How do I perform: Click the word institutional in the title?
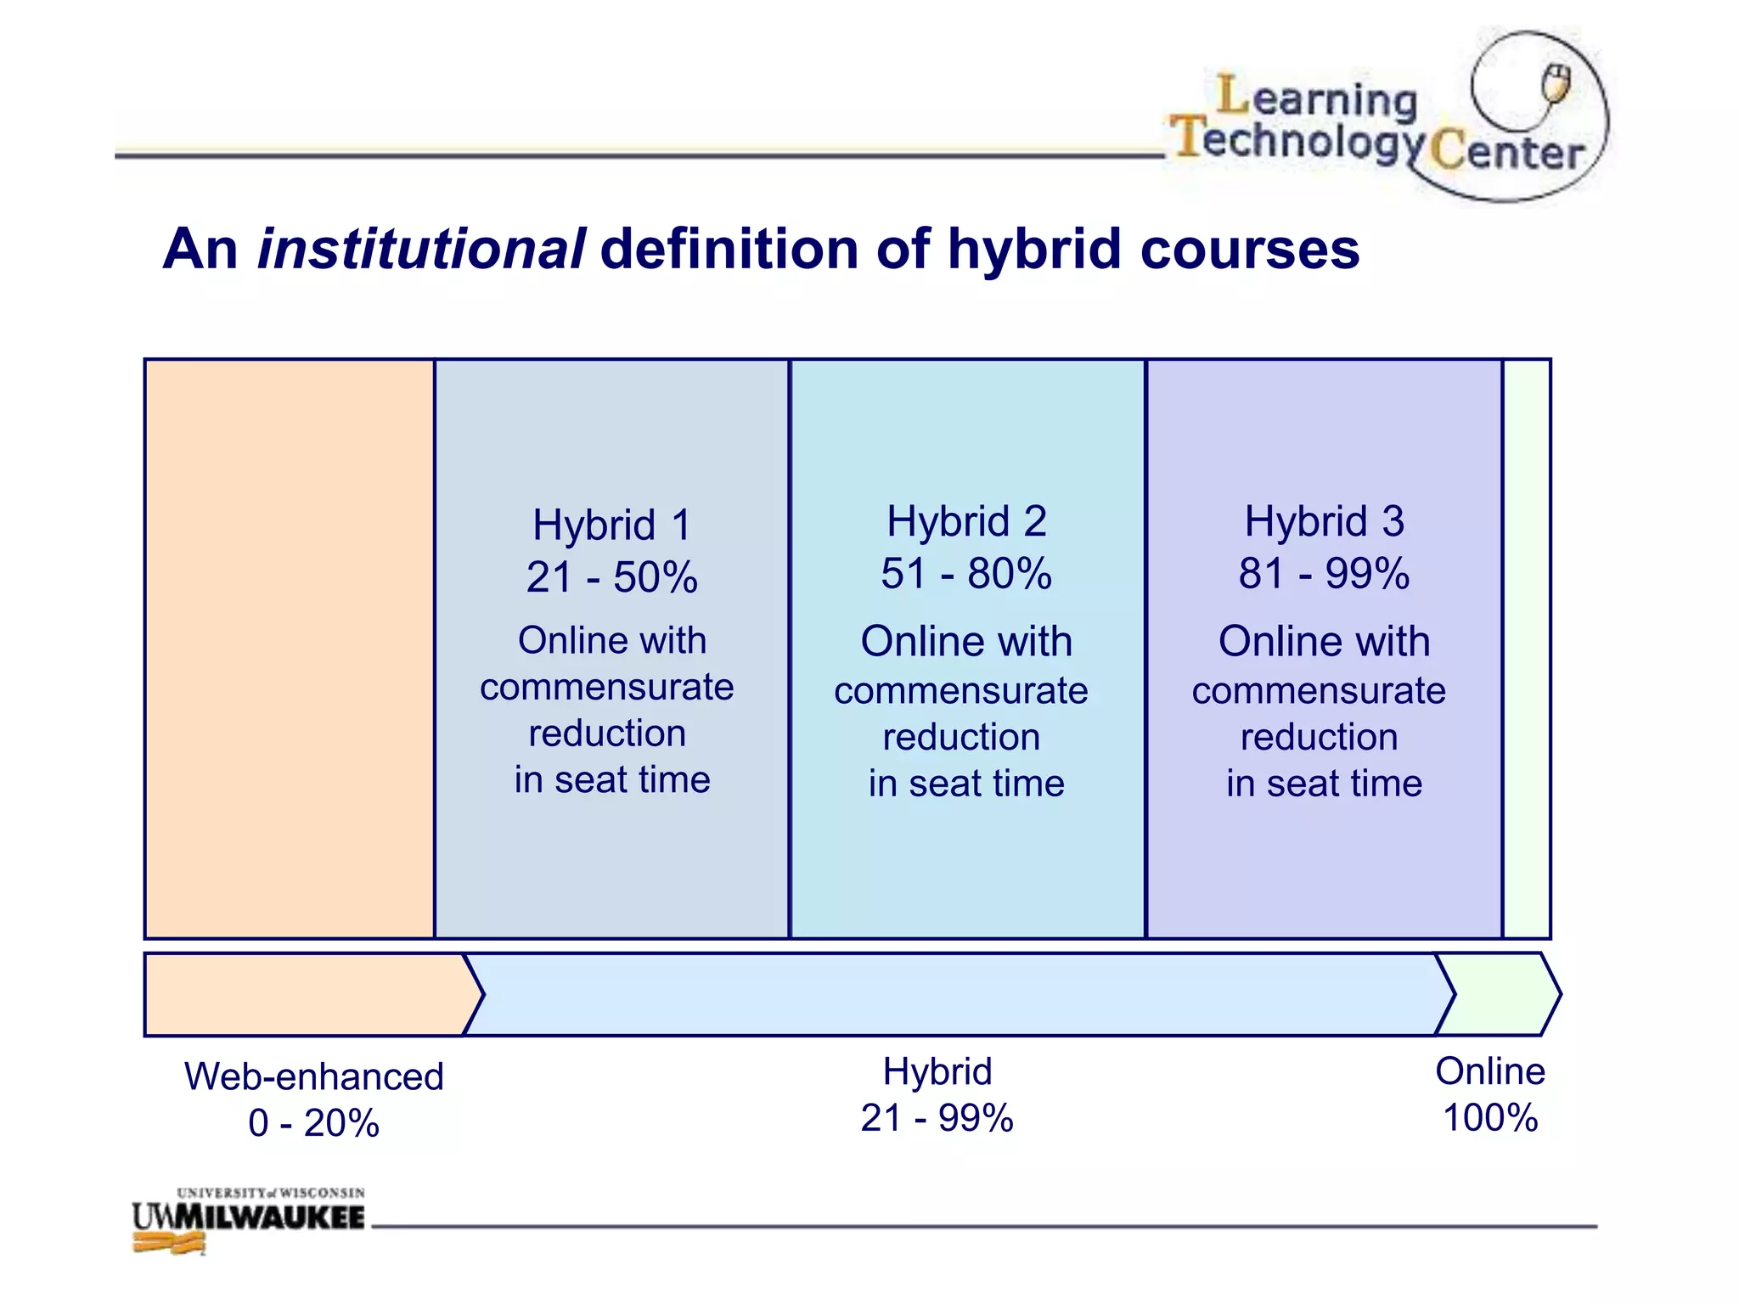[x=420, y=250]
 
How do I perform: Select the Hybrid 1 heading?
[x=611, y=525]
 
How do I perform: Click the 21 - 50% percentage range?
[x=611, y=577]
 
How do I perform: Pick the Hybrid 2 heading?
[x=966, y=521]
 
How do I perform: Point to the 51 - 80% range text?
[x=966, y=574]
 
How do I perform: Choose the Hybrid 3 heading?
[x=1324, y=521]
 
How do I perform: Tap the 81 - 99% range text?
[x=1324, y=574]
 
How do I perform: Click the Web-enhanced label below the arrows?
[x=314, y=1076]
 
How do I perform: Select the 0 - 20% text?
[x=314, y=1123]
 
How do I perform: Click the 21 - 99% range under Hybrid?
[x=937, y=1118]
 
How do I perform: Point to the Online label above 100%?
[x=1490, y=1071]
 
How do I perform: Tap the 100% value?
[x=1490, y=1118]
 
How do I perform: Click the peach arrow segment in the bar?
[x=306, y=994]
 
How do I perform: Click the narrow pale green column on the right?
[x=1527, y=649]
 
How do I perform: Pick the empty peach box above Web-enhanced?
[x=290, y=649]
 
